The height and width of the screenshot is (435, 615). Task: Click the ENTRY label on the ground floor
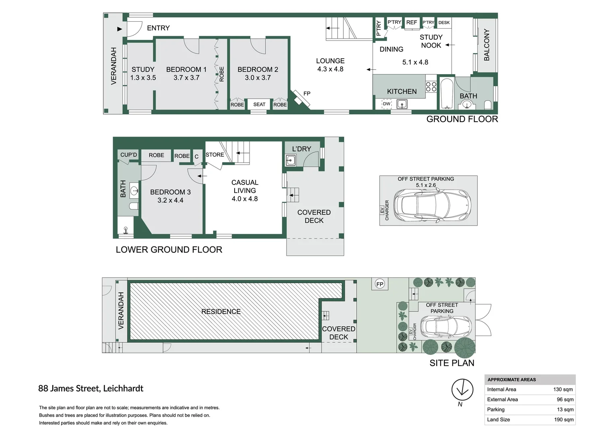point(158,28)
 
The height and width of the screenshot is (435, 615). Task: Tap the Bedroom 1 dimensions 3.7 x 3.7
point(186,78)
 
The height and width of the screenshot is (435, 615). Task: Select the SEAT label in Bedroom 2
point(259,104)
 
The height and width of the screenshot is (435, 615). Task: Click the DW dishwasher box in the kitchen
point(386,104)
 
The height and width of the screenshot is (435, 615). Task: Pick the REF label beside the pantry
point(411,23)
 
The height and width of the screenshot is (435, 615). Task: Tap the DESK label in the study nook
point(444,23)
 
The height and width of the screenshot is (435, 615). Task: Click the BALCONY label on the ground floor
point(487,45)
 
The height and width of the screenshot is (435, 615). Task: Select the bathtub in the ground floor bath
point(447,93)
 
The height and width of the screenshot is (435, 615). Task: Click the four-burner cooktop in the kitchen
point(431,87)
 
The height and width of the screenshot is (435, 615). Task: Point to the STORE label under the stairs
point(215,155)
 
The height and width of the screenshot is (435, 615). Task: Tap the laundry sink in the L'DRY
point(290,161)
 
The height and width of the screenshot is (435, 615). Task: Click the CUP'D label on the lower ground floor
point(128,155)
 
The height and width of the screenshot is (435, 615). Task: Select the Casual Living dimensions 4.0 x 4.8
point(245,199)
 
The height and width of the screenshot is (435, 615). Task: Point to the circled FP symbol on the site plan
point(380,284)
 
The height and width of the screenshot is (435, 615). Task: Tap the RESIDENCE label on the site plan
point(221,312)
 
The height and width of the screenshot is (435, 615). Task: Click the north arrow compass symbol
point(462,390)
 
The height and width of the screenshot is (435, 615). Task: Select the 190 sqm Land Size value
point(563,420)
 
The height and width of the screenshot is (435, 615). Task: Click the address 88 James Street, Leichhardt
point(91,389)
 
